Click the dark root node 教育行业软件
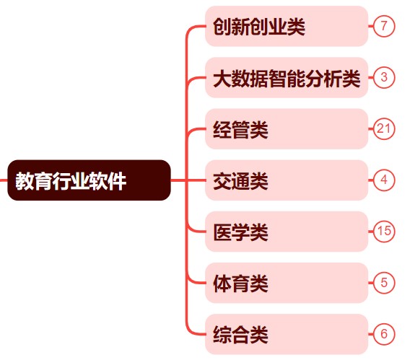pos(89,180)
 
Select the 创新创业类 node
pos(287,26)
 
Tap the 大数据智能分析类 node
pos(287,77)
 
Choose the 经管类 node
pos(287,129)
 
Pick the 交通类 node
pos(287,180)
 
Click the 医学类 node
pos(287,232)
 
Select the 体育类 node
pos(287,283)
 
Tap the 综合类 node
pos(287,334)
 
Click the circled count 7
pos(384,26)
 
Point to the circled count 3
pos(384,77)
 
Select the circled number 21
pos(384,129)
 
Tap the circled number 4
pos(384,180)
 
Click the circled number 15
pos(384,232)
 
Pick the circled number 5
pos(384,283)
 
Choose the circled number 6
pos(384,334)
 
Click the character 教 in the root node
pos(25,180)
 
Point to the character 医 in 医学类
pos(222,232)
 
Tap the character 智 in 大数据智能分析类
pos(277,79)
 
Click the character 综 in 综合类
pos(222,335)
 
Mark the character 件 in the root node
pos(117,180)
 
